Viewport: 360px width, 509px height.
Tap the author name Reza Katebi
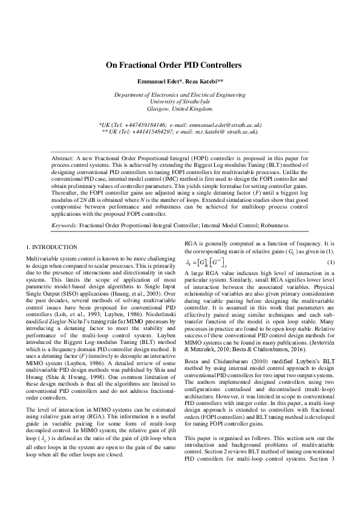(204, 80)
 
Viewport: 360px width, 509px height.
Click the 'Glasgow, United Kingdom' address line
(180, 109)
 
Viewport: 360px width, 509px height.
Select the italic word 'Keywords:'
(64, 224)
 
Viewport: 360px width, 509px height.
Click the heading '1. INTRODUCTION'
(52, 247)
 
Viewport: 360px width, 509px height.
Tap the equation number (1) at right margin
(330, 262)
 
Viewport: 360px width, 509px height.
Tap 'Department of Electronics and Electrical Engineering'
(180, 95)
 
